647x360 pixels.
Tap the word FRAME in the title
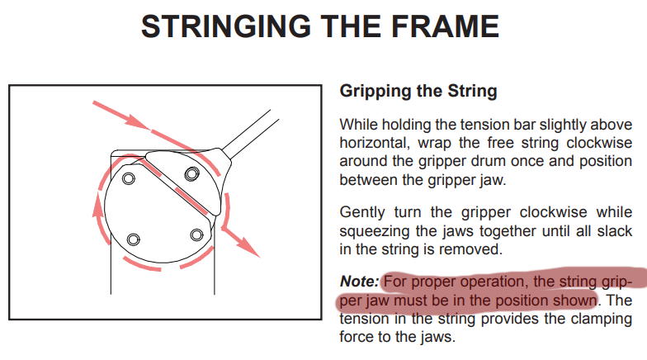point(446,26)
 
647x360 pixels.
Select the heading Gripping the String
point(418,91)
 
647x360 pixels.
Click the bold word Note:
point(359,282)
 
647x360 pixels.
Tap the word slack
point(614,230)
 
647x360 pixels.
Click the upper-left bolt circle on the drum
point(129,178)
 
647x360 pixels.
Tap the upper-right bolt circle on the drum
point(191,173)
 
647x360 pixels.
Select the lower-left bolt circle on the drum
point(133,239)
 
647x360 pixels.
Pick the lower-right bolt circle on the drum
point(196,234)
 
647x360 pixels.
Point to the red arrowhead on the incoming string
point(136,121)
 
